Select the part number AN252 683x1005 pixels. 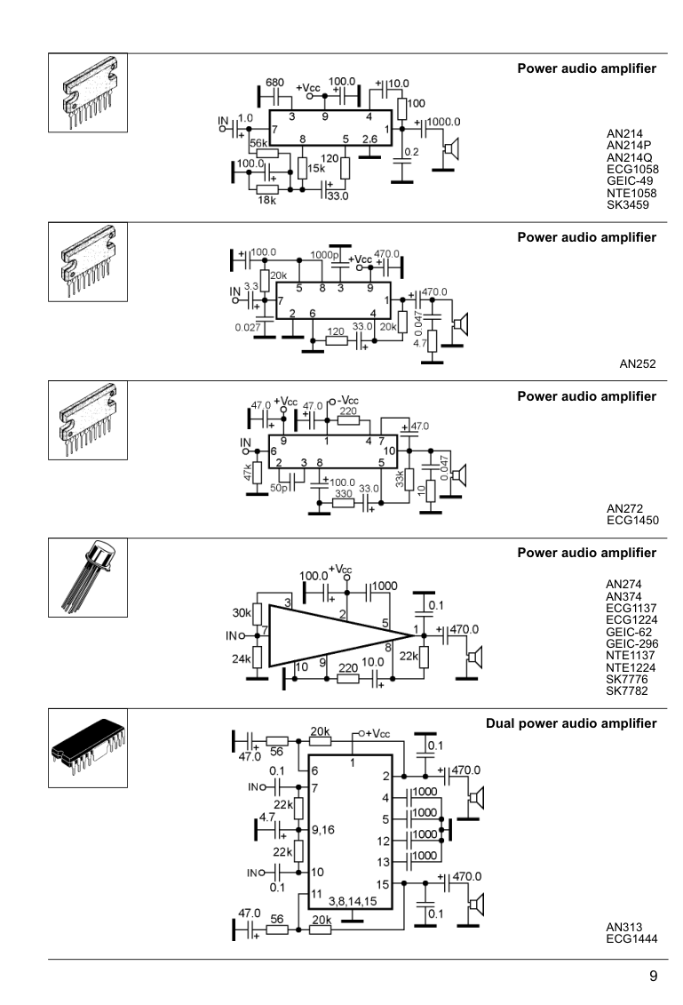(638, 363)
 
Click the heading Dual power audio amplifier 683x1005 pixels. (572, 724)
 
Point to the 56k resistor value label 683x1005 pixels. (259, 143)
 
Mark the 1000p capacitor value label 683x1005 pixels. (314, 255)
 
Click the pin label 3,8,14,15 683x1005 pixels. (358, 899)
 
